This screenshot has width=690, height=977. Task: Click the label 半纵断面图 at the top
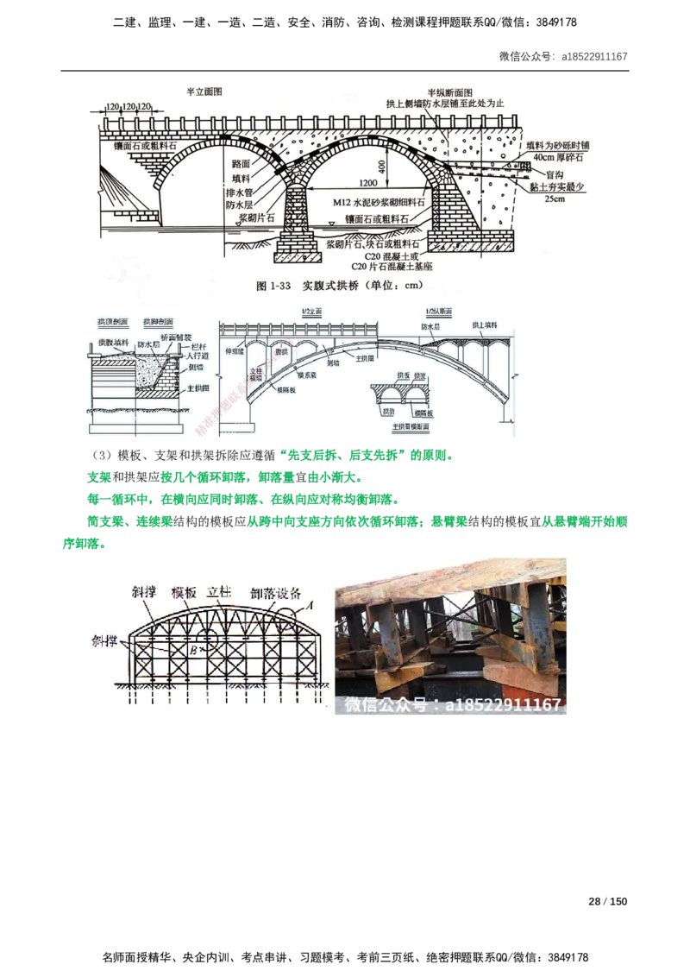(x=448, y=91)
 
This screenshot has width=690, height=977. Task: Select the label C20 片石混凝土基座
(x=377, y=267)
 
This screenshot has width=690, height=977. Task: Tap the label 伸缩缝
(x=235, y=352)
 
